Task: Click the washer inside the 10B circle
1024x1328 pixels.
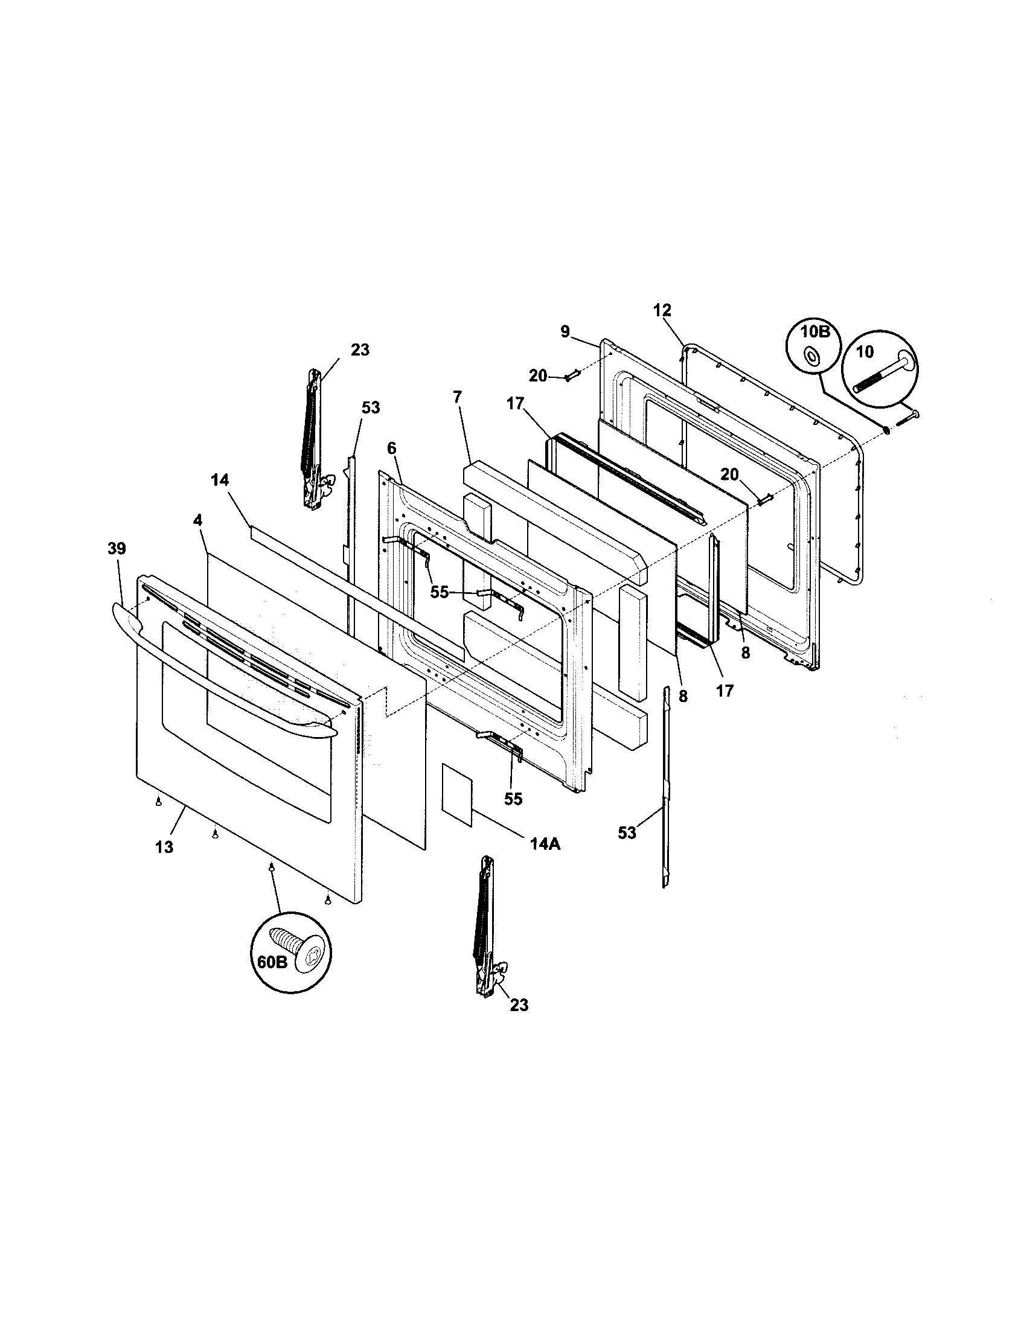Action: click(x=810, y=356)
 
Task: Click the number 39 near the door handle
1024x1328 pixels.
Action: click(x=117, y=549)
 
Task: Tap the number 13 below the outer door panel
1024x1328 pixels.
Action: click(x=164, y=847)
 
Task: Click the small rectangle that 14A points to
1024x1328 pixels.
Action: click(x=456, y=796)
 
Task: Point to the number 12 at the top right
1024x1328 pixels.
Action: click(x=662, y=310)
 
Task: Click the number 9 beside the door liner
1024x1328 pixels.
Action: click(x=565, y=331)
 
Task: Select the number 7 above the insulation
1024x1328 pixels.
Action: click(x=457, y=397)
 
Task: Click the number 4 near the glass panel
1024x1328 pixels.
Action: click(x=197, y=520)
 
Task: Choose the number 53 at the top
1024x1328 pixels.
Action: click(x=370, y=407)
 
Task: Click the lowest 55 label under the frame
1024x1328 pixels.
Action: click(x=513, y=799)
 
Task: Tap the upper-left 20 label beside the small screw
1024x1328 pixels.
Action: click(x=537, y=376)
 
